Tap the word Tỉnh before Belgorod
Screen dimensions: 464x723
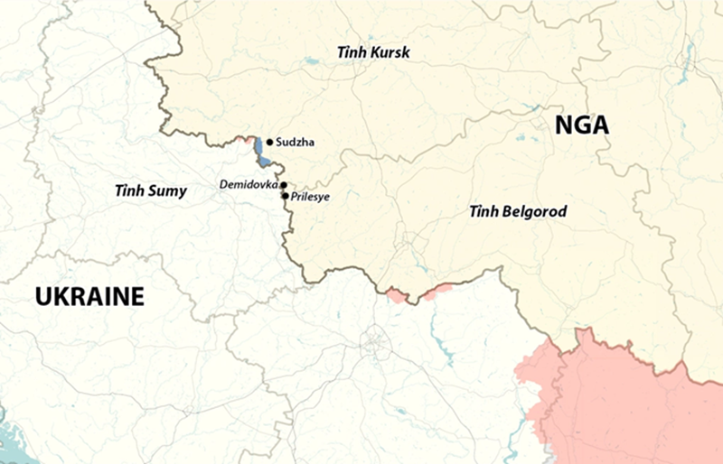tap(483, 212)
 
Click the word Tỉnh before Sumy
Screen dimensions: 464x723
tap(128, 190)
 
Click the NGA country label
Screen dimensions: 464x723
tap(581, 125)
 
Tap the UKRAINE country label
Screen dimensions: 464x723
tap(89, 295)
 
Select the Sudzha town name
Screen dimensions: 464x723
tap(296, 143)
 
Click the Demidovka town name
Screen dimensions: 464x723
tap(249, 185)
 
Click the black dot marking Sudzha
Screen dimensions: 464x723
tap(269, 143)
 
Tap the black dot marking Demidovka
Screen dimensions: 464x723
tap(284, 185)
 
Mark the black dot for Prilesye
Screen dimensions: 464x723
tap(286, 195)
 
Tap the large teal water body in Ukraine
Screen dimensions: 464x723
tap(13, 443)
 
